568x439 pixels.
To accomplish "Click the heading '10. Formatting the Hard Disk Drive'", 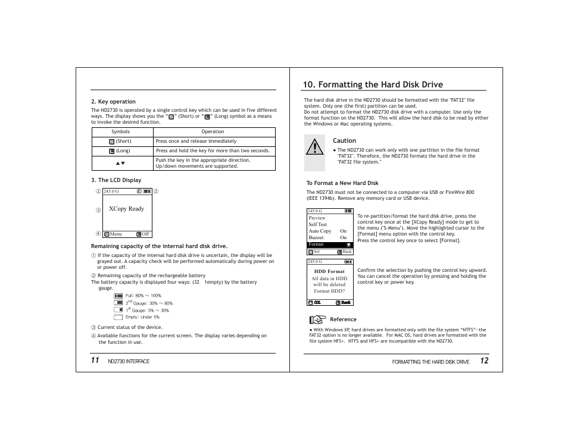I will click(x=373, y=84).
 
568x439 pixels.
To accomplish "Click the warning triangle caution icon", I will click(x=314, y=146).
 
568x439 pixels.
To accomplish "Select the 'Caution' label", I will click(x=344, y=141).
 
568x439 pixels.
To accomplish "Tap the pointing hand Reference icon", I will click(x=318, y=319).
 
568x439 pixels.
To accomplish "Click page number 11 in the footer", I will click(x=95, y=360).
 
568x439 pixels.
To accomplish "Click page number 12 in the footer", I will click(x=484, y=361).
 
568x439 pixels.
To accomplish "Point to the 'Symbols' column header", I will click(x=120, y=132).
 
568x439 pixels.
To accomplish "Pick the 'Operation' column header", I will click(x=213, y=132).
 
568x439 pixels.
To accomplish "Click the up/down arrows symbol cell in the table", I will click(x=120, y=163).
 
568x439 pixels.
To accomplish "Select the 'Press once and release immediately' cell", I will click(x=196, y=142).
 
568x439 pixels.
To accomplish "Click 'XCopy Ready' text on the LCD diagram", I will click(x=126, y=209).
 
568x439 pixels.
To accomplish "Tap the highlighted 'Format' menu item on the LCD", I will click(x=317, y=244).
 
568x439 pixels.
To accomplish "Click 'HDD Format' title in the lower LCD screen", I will click(x=329, y=271).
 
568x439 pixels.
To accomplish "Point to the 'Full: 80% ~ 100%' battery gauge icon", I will click(x=118, y=296).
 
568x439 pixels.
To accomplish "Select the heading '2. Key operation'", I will click(x=113, y=102).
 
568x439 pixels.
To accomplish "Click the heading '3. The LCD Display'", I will click(x=116, y=180).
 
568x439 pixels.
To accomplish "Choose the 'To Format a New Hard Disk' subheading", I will click(x=342, y=183).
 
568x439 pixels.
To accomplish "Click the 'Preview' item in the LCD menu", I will click(x=317, y=218).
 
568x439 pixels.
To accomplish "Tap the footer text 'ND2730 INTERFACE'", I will click(x=129, y=362).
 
